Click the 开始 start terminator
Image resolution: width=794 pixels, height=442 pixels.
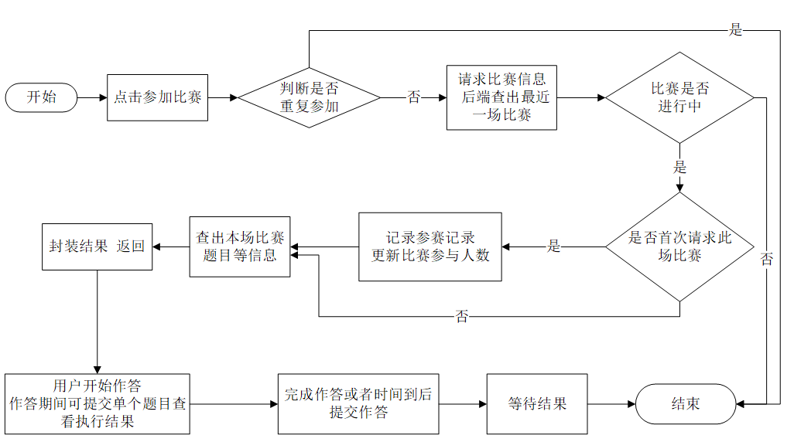point(41,97)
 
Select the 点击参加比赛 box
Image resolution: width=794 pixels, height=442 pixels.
point(158,97)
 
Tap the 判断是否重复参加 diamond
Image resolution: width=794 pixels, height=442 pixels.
point(309,97)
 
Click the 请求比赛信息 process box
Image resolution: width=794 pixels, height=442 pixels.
point(501,97)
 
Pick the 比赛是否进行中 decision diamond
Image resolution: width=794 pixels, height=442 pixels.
point(679,97)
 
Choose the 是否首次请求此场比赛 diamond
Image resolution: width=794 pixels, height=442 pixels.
point(679,247)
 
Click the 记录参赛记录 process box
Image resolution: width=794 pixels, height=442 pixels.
point(430,247)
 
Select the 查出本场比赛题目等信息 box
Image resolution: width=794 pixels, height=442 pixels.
point(240,246)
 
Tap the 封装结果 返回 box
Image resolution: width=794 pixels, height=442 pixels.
point(97,247)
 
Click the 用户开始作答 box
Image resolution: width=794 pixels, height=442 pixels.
point(97,403)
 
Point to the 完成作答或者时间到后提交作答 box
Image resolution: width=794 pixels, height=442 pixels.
point(358,403)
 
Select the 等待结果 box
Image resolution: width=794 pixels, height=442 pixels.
point(536,403)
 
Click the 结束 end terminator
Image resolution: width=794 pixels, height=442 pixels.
point(685,403)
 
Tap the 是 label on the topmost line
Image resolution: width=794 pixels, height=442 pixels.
point(735,30)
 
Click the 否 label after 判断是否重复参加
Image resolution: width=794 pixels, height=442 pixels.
point(414,97)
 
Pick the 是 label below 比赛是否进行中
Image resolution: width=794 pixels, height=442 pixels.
point(679,167)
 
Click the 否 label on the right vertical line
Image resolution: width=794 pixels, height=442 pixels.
point(766,260)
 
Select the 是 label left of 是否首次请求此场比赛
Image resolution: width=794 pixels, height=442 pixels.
point(553,247)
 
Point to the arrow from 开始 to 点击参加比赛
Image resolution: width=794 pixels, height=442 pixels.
point(92,97)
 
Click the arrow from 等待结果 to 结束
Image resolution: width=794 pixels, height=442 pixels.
point(611,403)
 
